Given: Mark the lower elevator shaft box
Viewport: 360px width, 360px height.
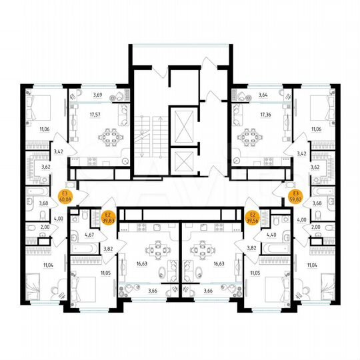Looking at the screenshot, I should (182, 160).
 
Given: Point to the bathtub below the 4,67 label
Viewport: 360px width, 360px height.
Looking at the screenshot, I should (86, 248).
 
